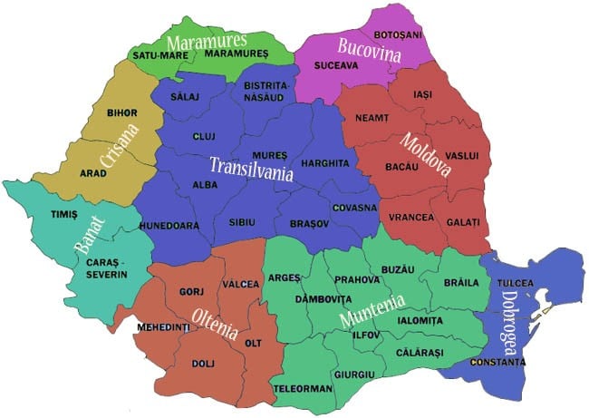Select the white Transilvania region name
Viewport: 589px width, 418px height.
coord(251,168)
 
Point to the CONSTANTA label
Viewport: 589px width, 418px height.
coord(497,363)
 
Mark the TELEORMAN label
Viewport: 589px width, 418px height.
coord(304,390)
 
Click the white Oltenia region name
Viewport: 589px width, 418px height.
coord(217,324)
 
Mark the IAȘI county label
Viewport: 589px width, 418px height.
coord(423,93)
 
